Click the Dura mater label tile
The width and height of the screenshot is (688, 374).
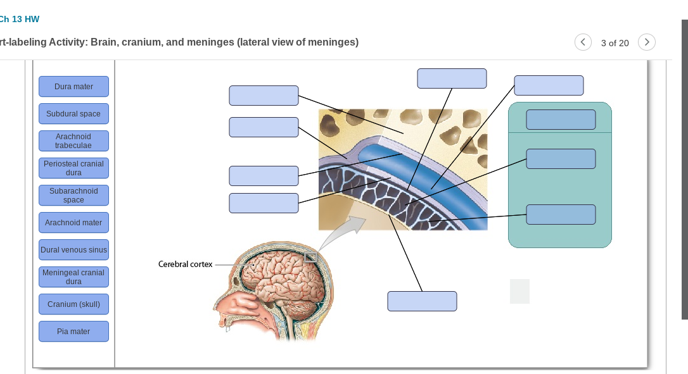73,87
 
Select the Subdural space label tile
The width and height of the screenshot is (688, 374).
73,114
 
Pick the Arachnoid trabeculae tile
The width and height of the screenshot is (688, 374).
73,141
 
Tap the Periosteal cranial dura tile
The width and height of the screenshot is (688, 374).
73,168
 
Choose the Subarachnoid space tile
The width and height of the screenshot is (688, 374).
73,196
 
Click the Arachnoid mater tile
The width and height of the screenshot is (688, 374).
73,223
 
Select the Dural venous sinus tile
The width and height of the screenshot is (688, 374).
73,250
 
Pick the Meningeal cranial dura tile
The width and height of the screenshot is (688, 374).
73,277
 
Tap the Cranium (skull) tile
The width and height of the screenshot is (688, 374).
73,304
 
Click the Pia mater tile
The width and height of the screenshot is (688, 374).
73,332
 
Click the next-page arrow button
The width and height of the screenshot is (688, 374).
646,42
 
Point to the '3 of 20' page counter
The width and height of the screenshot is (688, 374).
615,43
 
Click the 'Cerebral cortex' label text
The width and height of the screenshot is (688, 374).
185,264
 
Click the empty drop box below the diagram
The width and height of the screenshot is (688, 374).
422,301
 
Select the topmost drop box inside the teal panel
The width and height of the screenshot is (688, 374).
561,120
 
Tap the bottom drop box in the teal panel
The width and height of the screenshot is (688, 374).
561,215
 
